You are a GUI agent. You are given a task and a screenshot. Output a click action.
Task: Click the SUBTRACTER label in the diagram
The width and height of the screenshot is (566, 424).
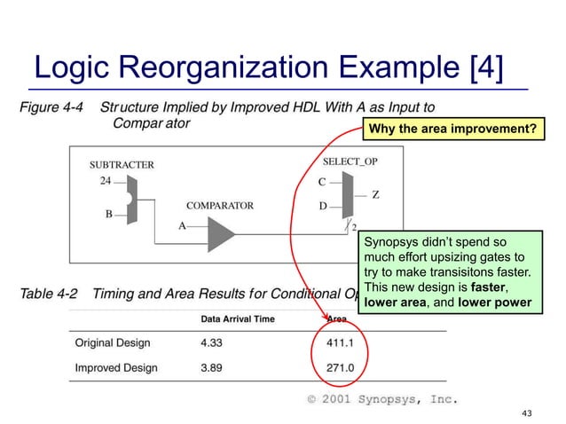122,164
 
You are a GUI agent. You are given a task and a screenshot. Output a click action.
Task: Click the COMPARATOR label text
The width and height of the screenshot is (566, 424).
219,206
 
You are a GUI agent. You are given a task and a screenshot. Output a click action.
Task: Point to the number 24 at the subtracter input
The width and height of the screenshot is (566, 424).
105,180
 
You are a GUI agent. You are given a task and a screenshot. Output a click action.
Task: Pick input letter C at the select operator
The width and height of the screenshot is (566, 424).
323,183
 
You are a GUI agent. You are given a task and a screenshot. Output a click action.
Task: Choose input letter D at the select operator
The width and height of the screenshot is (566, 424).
323,207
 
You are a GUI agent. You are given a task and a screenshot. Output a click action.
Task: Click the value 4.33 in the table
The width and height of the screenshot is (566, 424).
216,342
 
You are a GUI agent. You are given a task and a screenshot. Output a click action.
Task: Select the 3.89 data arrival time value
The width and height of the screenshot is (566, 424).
216,367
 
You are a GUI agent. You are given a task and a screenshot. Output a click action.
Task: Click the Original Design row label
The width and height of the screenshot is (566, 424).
112,342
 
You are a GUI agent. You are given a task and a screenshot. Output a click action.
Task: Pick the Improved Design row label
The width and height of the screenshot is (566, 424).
115,367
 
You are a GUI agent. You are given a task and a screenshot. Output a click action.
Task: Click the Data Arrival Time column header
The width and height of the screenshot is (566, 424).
237,319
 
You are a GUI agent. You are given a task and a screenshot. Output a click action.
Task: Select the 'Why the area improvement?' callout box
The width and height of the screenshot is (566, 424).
452,130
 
